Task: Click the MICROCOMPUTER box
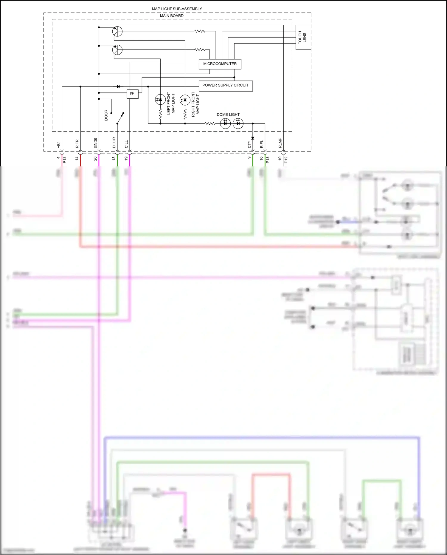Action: click(x=220, y=64)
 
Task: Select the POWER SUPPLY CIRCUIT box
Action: click(x=226, y=86)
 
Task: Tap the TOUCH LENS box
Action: click(x=303, y=37)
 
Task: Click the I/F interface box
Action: click(x=132, y=94)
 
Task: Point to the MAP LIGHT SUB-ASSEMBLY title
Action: click(x=177, y=9)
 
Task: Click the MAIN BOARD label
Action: click(x=172, y=16)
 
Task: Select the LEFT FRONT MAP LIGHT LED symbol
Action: click(x=160, y=100)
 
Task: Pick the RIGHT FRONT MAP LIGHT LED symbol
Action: click(x=185, y=100)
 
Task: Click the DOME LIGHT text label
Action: click(x=228, y=115)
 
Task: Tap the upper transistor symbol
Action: click(x=117, y=31)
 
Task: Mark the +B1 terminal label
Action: click(x=59, y=144)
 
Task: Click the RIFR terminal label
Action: click(x=77, y=144)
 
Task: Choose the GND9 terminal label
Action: click(x=96, y=143)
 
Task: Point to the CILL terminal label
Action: click(x=126, y=144)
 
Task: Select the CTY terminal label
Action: click(x=249, y=144)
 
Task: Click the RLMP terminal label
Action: click(x=280, y=143)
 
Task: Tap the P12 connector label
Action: click(x=286, y=160)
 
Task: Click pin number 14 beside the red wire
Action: click(x=77, y=158)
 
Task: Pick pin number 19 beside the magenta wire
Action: click(x=126, y=158)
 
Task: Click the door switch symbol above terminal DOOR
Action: click(x=120, y=118)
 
